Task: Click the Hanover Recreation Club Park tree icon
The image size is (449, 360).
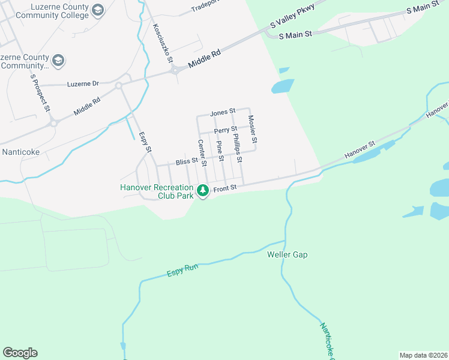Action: pos(203,190)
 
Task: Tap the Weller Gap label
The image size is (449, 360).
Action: pos(287,254)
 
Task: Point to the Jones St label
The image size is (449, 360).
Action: pos(223,113)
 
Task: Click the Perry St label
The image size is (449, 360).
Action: pos(226,129)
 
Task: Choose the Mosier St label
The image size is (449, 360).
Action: pos(253,129)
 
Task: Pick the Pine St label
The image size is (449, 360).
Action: pos(220,151)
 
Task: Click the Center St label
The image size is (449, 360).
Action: pos(202,153)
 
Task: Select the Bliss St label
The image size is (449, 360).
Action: pos(187,162)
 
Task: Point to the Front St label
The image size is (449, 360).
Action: pos(226,188)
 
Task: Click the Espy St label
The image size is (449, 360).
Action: pos(145,142)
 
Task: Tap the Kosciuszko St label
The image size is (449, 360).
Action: pos(163,43)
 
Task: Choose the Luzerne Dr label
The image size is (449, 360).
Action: pos(83,84)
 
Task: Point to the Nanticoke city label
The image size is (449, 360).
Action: pos(21,152)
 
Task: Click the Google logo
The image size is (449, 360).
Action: pos(20,353)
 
